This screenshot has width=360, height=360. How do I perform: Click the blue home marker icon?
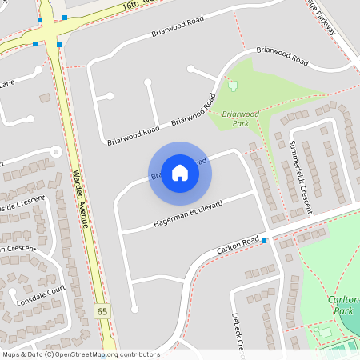[180, 172]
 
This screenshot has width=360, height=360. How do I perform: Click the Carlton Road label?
[238, 246]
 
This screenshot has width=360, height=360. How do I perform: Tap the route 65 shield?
[102, 310]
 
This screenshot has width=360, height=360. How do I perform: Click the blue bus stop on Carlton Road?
[264, 241]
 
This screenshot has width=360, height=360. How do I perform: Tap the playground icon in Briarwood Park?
[233, 86]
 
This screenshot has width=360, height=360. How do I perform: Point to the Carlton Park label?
[342, 304]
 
